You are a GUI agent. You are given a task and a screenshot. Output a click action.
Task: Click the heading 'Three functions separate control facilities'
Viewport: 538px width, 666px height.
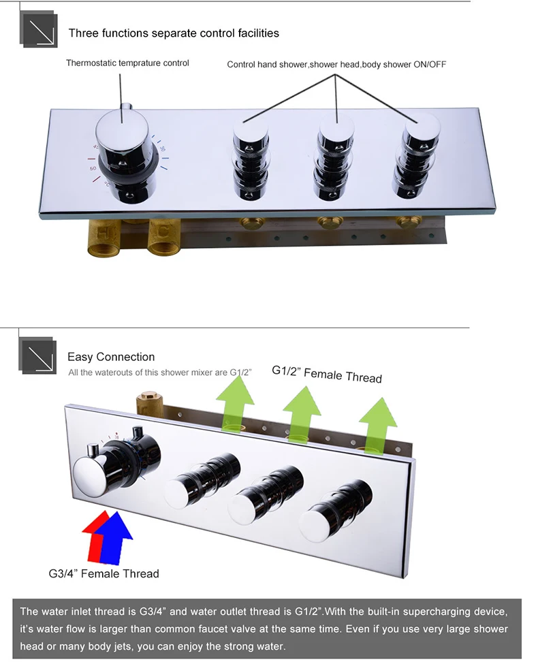tap(174, 33)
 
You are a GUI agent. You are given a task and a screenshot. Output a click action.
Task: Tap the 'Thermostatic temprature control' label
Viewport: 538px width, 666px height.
tap(127, 63)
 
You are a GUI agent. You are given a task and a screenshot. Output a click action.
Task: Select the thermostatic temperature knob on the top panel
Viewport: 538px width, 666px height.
tap(123, 153)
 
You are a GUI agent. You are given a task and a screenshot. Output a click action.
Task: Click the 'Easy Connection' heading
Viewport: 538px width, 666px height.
tap(111, 357)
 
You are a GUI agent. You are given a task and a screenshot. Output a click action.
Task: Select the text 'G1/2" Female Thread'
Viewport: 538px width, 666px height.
tap(326, 374)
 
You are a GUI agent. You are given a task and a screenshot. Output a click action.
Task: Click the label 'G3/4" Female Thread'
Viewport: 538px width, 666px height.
tap(104, 573)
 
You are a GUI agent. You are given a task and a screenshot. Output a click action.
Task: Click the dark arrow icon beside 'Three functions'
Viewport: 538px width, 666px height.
tap(38, 29)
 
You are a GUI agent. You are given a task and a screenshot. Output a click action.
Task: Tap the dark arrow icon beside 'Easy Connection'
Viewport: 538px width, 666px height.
tap(37, 355)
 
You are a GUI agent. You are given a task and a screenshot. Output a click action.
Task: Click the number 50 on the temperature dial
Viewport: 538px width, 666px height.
tap(93, 169)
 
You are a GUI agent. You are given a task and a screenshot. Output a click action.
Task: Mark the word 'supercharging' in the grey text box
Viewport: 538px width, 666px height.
tap(440, 612)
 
